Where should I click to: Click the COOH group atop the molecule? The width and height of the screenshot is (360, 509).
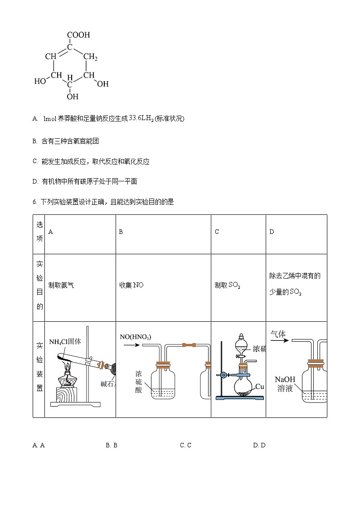tap(78, 35)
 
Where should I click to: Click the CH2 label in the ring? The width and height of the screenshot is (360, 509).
tap(90, 57)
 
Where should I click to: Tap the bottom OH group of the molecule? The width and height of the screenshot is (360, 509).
tap(73, 97)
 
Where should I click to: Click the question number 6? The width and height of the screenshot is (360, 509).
tap(34, 202)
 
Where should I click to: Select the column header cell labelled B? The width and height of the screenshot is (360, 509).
tap(121, 232)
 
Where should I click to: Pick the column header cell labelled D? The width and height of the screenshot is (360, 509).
tap(272, 232)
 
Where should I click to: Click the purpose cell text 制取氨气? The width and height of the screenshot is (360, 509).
tap(61, 285)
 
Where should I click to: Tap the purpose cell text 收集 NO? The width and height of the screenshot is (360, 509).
tap(131, 285)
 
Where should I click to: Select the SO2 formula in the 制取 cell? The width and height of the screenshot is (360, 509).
tap(234, 286)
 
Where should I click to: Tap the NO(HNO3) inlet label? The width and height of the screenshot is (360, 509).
tap(135, 337)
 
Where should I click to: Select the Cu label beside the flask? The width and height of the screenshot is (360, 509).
tap(259, 387)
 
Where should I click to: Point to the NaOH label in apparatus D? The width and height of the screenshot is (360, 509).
tap(285, 379)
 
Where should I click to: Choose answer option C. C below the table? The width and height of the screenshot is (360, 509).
tap(185, 445)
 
